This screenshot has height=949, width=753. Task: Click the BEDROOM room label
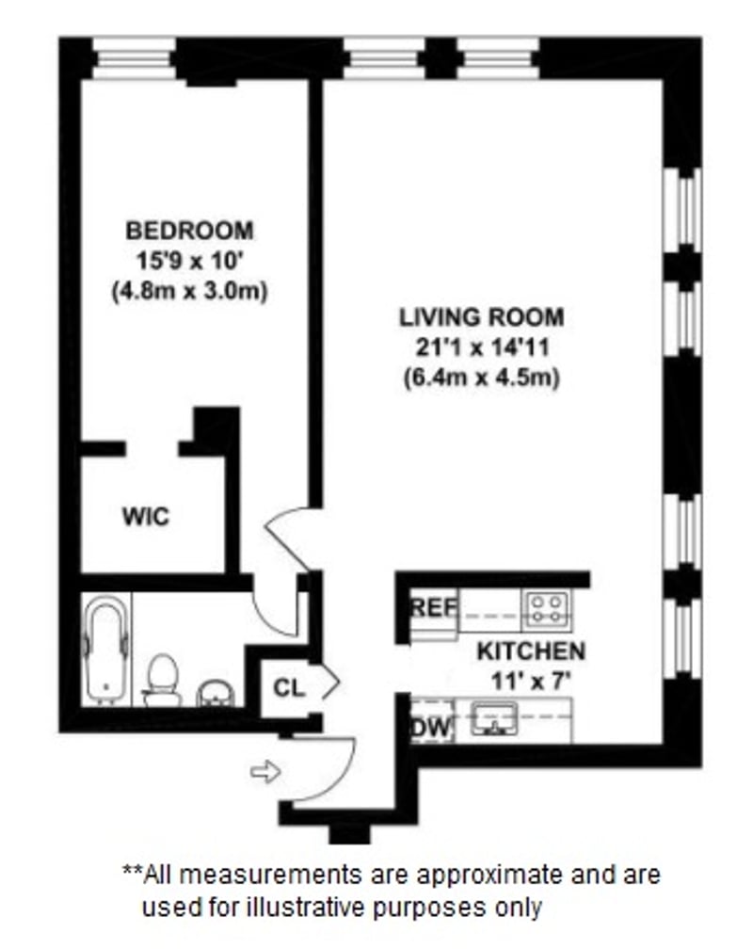pyautogui.click(x=190, y=230)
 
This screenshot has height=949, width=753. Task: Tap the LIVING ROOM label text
pyautogui.click(x=481, y=316)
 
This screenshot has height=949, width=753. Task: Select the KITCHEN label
pyautogui.click(x=530, y=651)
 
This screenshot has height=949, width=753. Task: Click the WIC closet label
pyautogui.click(x=146, y=517)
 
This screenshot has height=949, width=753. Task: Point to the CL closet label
pyautogui.click(x=289, y=687)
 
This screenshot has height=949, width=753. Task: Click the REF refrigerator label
pyautogui.click(x=433, y=608)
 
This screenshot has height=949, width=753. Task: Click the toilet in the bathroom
pyautogui.click(x=164, y=680)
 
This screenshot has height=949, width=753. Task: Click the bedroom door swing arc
pyautogui.click(x=288, y=537)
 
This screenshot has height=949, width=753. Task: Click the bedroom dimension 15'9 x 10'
pyautogui.click(x=189, y=261)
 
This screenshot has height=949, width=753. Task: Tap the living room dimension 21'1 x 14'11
pyautogui.click(x=482, y=347)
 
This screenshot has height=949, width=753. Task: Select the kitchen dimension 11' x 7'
pyautogui.click(x=531, y=680)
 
